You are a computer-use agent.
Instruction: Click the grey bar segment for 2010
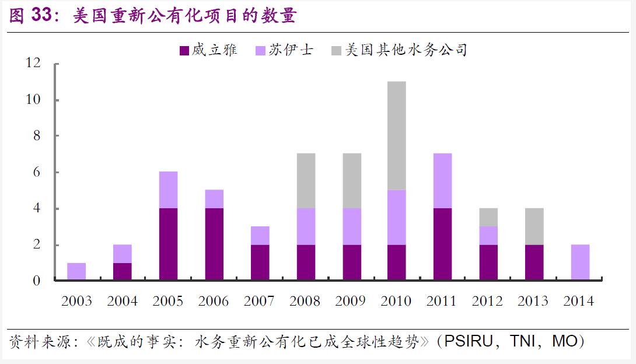point(397,135)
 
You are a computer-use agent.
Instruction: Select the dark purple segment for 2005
point(168,244)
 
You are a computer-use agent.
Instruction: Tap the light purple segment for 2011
point(442,181)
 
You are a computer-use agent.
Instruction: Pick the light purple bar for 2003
point(76,272)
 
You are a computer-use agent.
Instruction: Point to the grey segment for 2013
point(534,226)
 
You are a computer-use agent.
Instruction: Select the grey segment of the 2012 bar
point(488,217)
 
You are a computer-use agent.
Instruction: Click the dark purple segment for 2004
point(123,272)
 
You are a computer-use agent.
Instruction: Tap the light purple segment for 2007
point(260,236)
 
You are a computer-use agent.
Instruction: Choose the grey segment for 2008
point(306,181)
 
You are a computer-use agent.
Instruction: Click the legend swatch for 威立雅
point(184,51)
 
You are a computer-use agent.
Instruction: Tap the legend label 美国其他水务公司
point(406,50)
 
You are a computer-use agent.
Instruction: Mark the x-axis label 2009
point(351,301)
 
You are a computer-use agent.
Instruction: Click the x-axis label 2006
point(214,301)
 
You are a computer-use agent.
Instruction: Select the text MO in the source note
point(564,341)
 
